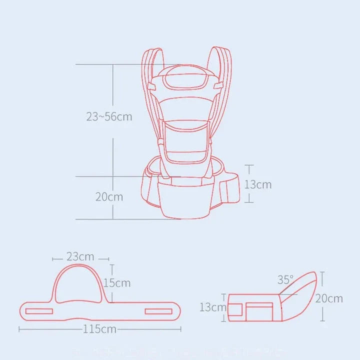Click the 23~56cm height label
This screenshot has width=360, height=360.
[109, 117]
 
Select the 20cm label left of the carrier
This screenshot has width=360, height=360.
[109, 196]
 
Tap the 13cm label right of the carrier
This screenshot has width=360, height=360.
[258, 184]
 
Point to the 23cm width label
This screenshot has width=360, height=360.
[80, 257]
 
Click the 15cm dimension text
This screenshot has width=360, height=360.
[117, 283]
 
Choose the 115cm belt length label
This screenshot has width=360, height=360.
[100, 329]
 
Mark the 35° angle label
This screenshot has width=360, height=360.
[285, 280]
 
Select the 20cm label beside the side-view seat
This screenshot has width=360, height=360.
[329, 298]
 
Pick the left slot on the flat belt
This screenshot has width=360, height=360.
[39, 311]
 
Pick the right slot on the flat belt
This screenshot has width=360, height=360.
[158, 311]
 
